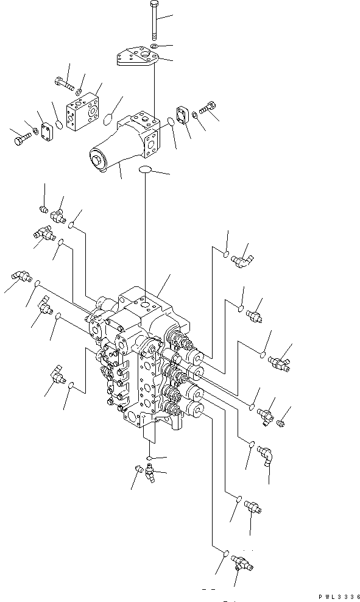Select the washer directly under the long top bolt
click(x=154, y=46)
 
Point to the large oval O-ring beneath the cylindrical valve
click(x=144, y=169)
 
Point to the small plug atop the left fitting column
click(x=44, y=209)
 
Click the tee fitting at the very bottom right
click(x=242, y=563)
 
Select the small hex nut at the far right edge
click(x=281, y=422)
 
